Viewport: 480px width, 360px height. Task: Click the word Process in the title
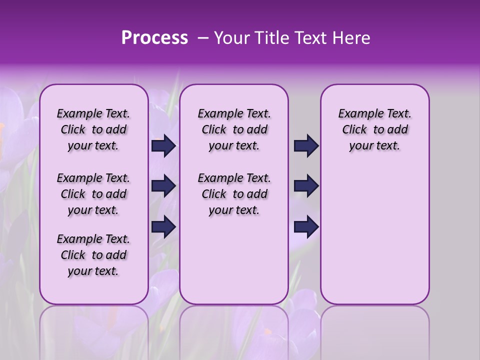click(x=154, y=38)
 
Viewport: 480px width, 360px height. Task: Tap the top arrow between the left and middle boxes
click(x=163, y=146)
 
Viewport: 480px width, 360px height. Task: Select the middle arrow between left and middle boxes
click(x=163, y=186)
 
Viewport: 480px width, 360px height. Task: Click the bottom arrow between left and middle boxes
click(x=163, y=226)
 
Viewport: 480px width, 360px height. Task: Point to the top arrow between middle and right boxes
click(x=306, y=146)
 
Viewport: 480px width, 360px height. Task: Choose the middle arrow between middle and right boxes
click(x=306, y=186)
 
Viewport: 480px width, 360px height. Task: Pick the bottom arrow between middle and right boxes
click(x=306, y=226)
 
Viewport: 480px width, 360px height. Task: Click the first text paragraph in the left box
click(x=93, y=129)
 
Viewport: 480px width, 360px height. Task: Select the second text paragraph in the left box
click(x=93, y=194)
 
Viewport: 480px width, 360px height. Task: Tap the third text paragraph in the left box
click(x=93, y=255)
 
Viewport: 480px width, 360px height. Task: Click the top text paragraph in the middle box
click(x=234, y=129)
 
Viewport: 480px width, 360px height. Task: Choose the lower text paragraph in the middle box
click(x=234, y=194)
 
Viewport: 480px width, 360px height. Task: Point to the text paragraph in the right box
click(x=375, y=129)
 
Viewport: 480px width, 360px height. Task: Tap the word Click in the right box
click(x=354, y=130)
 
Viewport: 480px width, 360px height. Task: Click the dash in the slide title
click(x=202, y=38)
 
